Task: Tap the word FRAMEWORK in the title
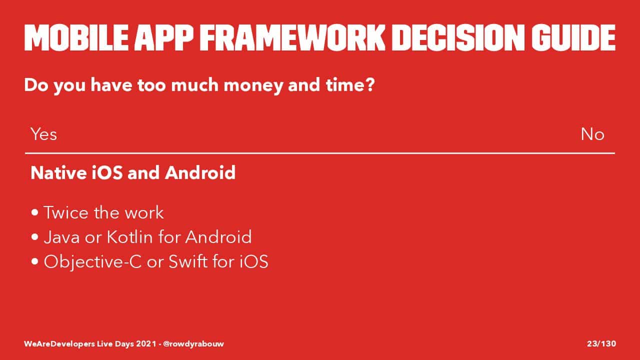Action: click(292, 37)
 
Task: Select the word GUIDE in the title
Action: click(573, 37)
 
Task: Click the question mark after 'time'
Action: click(369, 85)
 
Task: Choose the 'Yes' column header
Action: click(43, 134)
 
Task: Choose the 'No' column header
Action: click(592, 134)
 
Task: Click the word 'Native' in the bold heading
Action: click(59, 172)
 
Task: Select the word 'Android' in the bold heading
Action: click(200, 172)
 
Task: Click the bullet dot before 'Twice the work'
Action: click(35, 212)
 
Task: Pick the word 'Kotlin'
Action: click(129, 237)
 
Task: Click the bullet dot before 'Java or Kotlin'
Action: click(35, 237)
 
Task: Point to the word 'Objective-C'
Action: click(92, 262)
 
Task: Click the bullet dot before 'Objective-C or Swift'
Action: click(35, 261)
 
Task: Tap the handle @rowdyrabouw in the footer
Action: click(193, 343)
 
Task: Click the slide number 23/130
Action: click(601, 343)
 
